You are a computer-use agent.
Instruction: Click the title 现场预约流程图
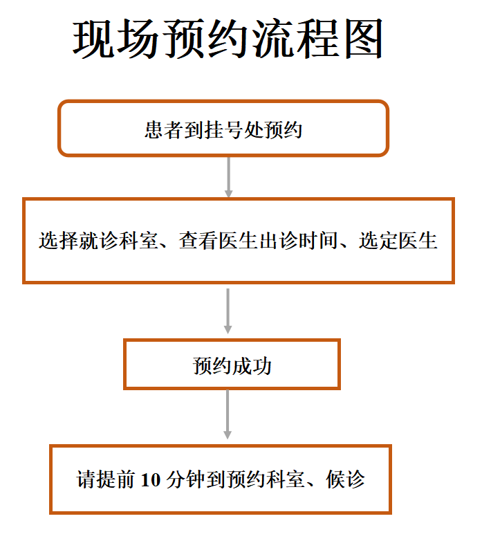pos(228,39)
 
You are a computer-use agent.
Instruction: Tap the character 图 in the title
pos(363,39)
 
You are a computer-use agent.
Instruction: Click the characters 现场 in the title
pos(115,39)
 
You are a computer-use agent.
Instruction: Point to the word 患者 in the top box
pos(164,130)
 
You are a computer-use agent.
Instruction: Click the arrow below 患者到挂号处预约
pos(228,177)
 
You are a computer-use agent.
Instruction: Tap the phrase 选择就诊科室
pos(98,241)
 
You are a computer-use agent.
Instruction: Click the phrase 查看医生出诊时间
pos(259,241)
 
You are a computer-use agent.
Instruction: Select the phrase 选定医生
pos(398,241)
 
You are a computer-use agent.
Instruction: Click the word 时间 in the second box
pos(318,241)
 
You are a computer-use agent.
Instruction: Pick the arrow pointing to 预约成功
pos(228,311)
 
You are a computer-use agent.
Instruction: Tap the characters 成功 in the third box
pos(252,366)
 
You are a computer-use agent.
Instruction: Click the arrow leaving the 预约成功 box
pos(228,414)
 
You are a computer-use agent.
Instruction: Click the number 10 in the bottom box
pos(150,480)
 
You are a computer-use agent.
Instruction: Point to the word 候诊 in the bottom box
pos(345,479)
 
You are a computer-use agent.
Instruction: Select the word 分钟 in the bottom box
pos(185,479)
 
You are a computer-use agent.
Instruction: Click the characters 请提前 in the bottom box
pos(106,479)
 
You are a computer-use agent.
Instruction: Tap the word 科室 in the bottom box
pos(286,479)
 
